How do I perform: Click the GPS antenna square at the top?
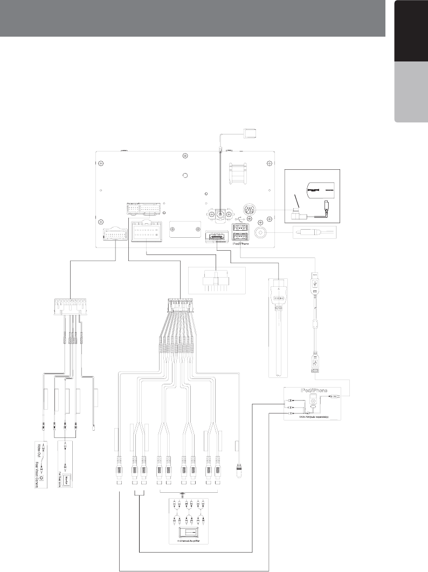pos(251,132)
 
